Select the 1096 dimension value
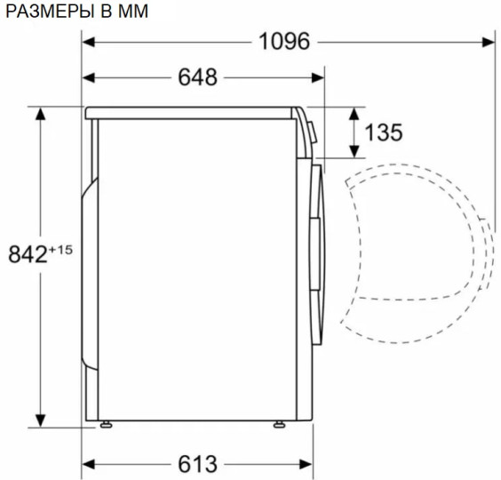point(284,42)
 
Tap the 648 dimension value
point(197,77)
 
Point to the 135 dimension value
point(384,132)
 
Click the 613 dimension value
point(197,463)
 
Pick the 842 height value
point(27,254)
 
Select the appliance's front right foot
point(278,424)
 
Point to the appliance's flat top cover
point(191,113)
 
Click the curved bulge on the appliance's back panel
point(88,267)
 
